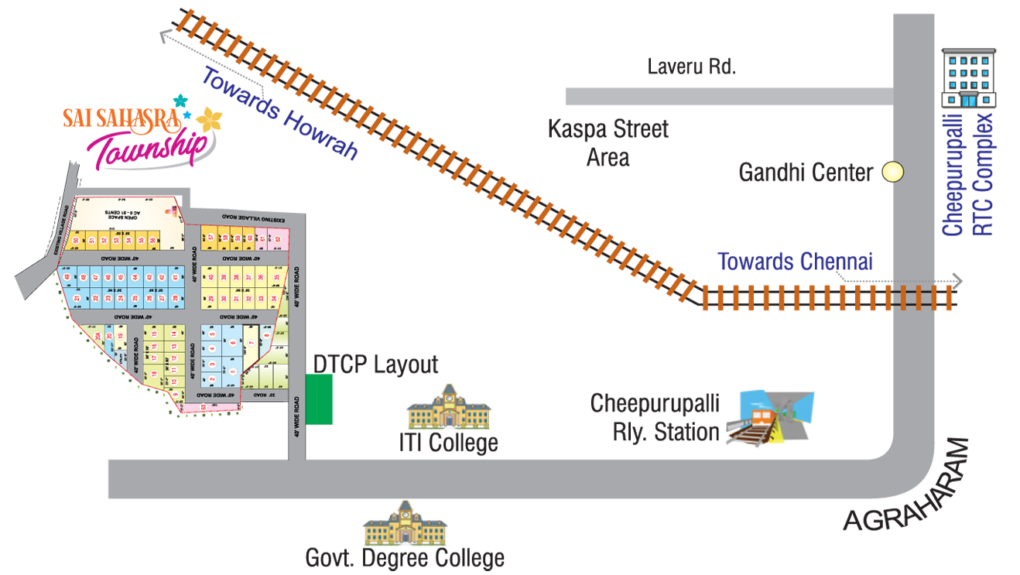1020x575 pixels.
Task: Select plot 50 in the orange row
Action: coord(76,241)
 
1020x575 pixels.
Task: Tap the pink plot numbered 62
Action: coord(277,239)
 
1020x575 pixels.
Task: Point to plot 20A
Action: coord(98,337)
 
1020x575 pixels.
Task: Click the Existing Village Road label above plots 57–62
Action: coord(252,219)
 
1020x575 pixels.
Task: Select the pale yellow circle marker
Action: coord(893,171)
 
